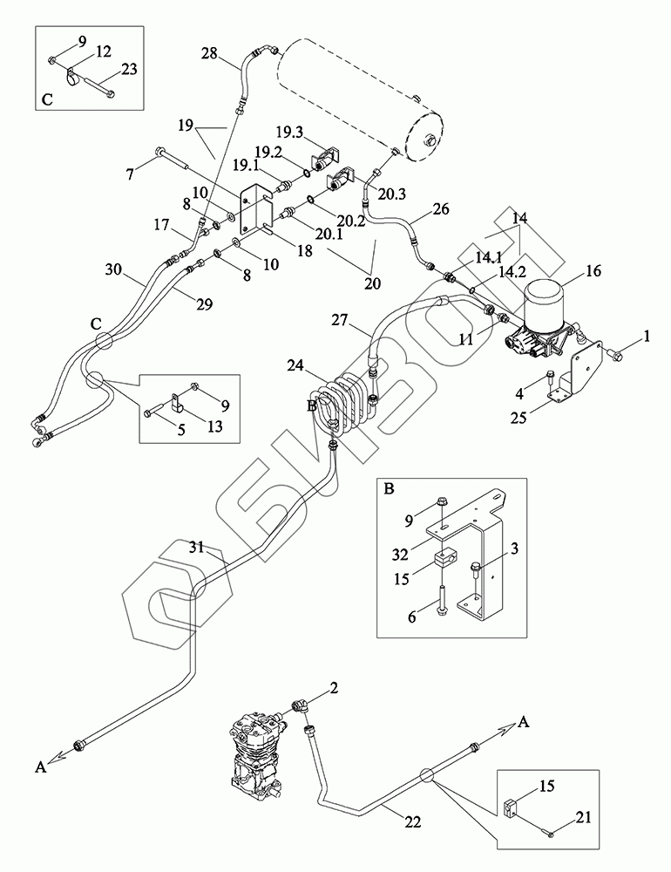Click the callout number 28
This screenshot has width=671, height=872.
(209, 54)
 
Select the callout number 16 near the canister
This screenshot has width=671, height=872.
(593, 271)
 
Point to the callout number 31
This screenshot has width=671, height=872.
(197, 547)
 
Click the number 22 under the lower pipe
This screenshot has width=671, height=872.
(413, 821)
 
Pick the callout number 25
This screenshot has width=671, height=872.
(518, 417)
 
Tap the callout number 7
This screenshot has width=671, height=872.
(130, 174)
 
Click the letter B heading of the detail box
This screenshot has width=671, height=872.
(390, 489)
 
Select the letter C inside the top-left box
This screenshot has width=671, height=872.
(47, 100)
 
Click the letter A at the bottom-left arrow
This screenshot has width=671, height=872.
(40, 767)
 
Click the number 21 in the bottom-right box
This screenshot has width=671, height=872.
(583, 817)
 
